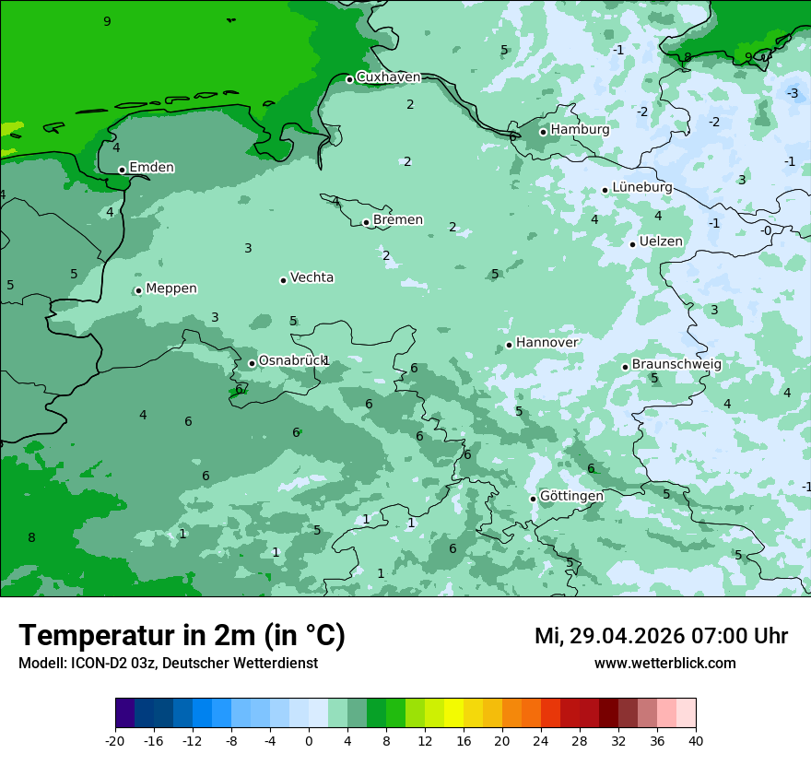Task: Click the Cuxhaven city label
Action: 388,77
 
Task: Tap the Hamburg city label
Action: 580,130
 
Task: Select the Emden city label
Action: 151,168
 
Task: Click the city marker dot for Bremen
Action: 366,222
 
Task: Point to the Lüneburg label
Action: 641,188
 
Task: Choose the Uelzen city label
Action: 661,242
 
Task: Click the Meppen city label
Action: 171,288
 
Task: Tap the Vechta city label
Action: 311,277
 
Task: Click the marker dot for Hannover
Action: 509,346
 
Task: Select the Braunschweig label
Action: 676,365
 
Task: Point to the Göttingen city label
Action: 571,497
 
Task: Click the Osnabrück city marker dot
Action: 252,363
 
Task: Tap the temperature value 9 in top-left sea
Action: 107,21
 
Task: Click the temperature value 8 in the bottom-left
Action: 31,538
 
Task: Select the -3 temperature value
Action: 793,93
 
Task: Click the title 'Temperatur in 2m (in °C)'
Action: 182,635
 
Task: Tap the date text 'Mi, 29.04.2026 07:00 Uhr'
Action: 661,636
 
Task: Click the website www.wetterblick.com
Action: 664,663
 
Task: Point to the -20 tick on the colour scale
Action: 115,740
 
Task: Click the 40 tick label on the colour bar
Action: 695,740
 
